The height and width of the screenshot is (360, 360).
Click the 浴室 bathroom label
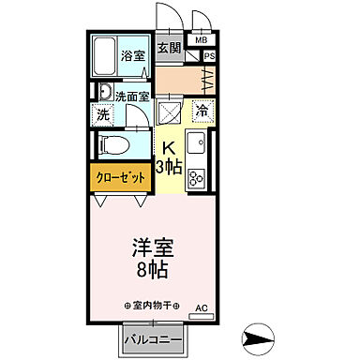pos(131,56)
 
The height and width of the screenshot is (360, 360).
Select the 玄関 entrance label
pos(168,49)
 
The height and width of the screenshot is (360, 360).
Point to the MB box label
pos(202,40)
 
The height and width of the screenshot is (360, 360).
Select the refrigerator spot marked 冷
pos(202,112)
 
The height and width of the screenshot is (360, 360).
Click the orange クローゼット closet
pos(121,175)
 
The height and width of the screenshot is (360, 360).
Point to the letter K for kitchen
pos(170,147)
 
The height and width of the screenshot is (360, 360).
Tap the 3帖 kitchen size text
pos(170,166)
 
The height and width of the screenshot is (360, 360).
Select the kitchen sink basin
pos(197,146)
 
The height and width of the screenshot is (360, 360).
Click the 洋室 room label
pos(152,249)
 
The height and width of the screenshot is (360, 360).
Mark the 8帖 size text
pos(152,272)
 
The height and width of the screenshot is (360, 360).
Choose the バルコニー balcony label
pos(152,338)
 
